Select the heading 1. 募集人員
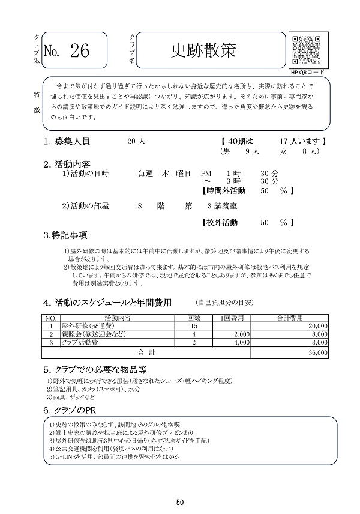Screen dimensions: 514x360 [x=67, y=142]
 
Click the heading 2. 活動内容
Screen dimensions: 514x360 [x=67, y=164]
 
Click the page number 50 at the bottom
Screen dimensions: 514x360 [x=180, y=502]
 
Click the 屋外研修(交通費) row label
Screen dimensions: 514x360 [x=86, y=325]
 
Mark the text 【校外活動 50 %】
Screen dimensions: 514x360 [x=246, y=222]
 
